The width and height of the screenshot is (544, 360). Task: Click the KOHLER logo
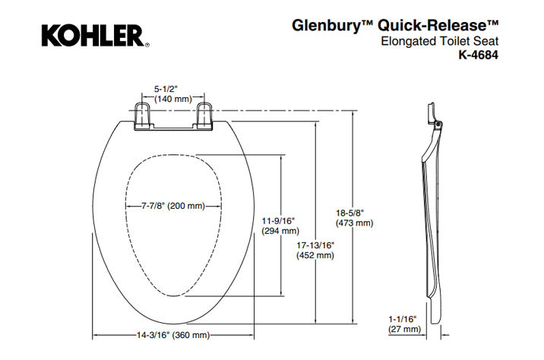pos(91,35)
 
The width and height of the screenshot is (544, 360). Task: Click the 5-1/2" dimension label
pos(168,88)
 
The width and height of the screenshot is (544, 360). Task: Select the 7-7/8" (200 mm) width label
pos(174,206)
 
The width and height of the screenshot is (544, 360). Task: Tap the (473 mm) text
pos(355,223)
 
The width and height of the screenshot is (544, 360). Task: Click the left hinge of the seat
pos(142,115)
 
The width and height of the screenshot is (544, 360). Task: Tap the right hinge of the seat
pos(204,115)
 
